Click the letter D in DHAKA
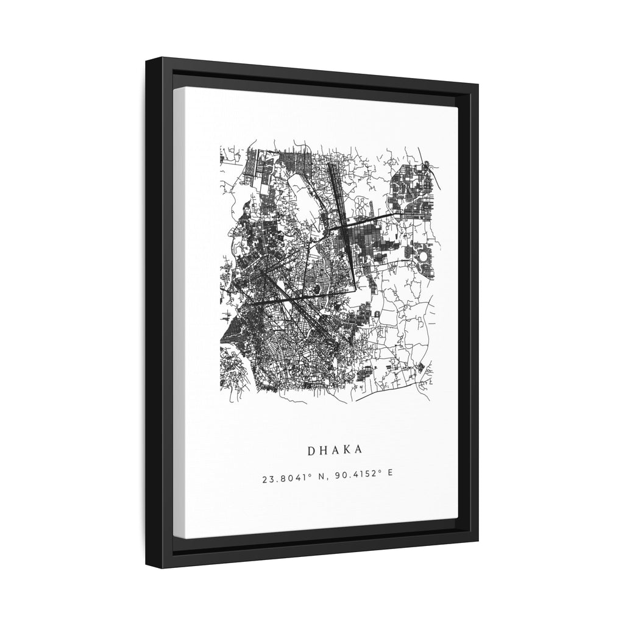click(x=311, y=450)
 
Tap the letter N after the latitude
click(x=316, y=479)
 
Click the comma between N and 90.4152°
click(x=322, y=481)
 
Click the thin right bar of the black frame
click(x=473, y=305)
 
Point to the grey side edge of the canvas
click(x=177, y=305)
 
